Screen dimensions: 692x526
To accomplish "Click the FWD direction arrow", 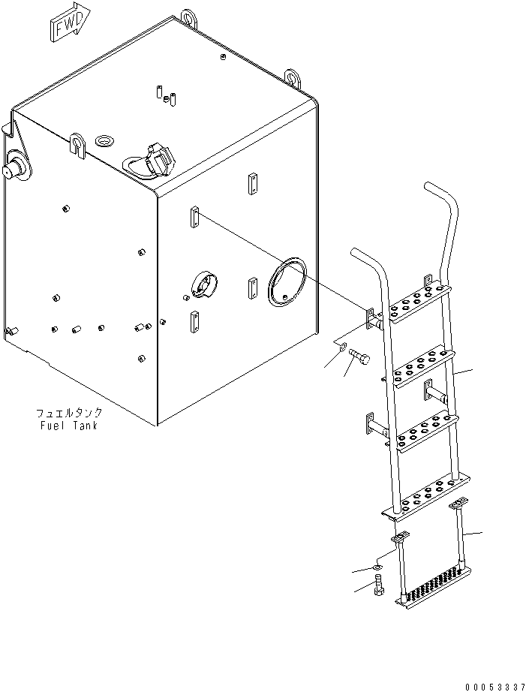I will click(x=68, y=25).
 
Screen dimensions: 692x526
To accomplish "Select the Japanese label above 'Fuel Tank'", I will click(x=68, y=413).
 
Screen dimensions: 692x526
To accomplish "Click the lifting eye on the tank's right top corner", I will click(x=293, y=77).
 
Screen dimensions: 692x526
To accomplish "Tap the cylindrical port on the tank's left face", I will click(x=15, y=167).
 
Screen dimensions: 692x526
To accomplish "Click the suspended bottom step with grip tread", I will click(x=434, y=583).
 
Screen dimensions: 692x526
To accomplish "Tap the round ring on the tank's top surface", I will click(x=104, y=140).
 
